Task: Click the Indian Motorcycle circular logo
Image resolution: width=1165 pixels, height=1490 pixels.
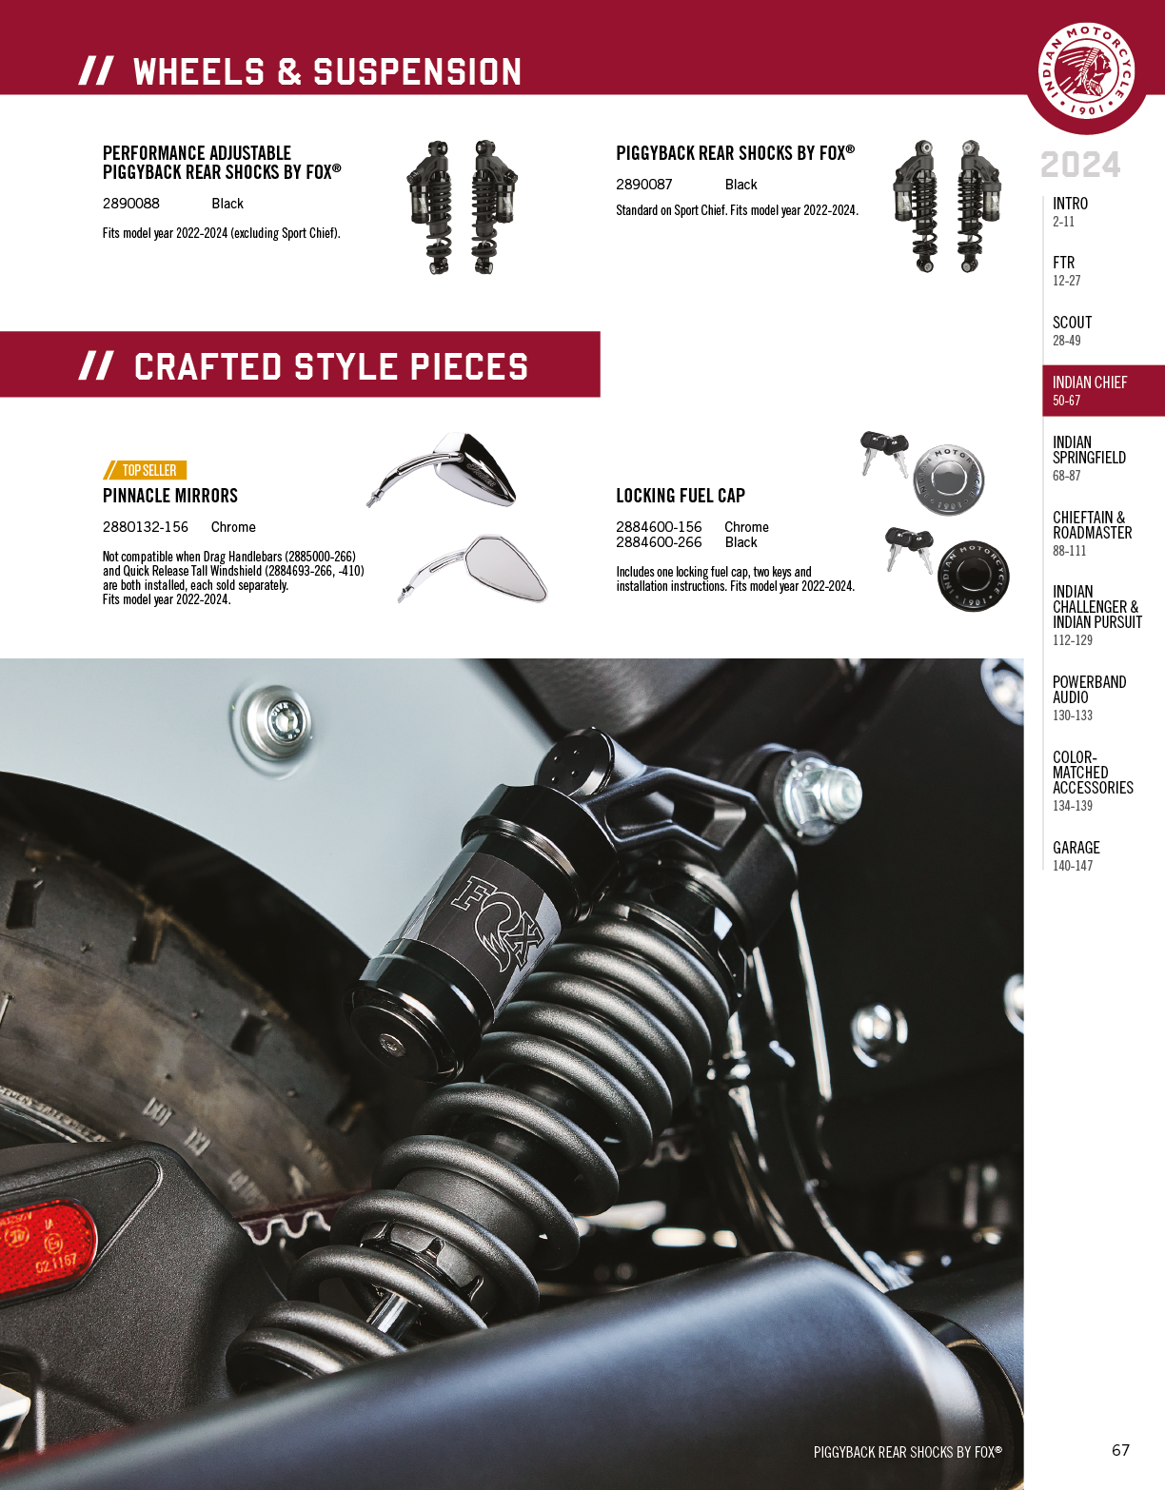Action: point(1086,70)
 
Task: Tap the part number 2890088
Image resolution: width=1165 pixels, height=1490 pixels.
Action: point(131,204)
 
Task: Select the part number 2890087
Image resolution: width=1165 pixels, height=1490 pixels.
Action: point(643,185)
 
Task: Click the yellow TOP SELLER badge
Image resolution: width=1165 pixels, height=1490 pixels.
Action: point(145,470)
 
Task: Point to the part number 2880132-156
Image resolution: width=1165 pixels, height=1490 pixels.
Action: point(146,527)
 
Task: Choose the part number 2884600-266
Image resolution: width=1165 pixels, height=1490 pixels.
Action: point(659,542)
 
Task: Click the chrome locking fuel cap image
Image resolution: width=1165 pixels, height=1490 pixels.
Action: point(948,480)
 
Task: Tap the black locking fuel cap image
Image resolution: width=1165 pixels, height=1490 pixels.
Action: point(973,576)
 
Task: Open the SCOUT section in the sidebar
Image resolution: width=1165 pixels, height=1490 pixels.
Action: point(1072,330)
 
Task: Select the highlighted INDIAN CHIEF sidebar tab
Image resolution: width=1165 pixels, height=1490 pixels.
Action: point(1103,391)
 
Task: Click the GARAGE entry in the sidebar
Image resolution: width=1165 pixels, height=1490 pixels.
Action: point(1076,855)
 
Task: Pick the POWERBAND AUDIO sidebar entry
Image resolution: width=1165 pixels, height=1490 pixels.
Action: point(1089,698)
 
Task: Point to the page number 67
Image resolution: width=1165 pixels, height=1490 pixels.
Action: point(1120,1449)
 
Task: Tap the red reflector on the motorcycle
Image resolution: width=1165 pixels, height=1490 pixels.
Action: point(47,1249)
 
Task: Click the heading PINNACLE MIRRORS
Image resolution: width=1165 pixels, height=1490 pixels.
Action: point(170,496)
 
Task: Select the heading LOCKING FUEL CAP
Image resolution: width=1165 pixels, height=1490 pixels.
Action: point(681,496)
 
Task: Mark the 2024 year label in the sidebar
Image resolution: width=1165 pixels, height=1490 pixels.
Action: point(1080,166)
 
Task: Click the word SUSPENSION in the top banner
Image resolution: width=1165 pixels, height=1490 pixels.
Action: point(417,72)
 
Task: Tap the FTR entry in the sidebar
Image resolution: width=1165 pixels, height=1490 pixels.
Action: point(1066,271)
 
